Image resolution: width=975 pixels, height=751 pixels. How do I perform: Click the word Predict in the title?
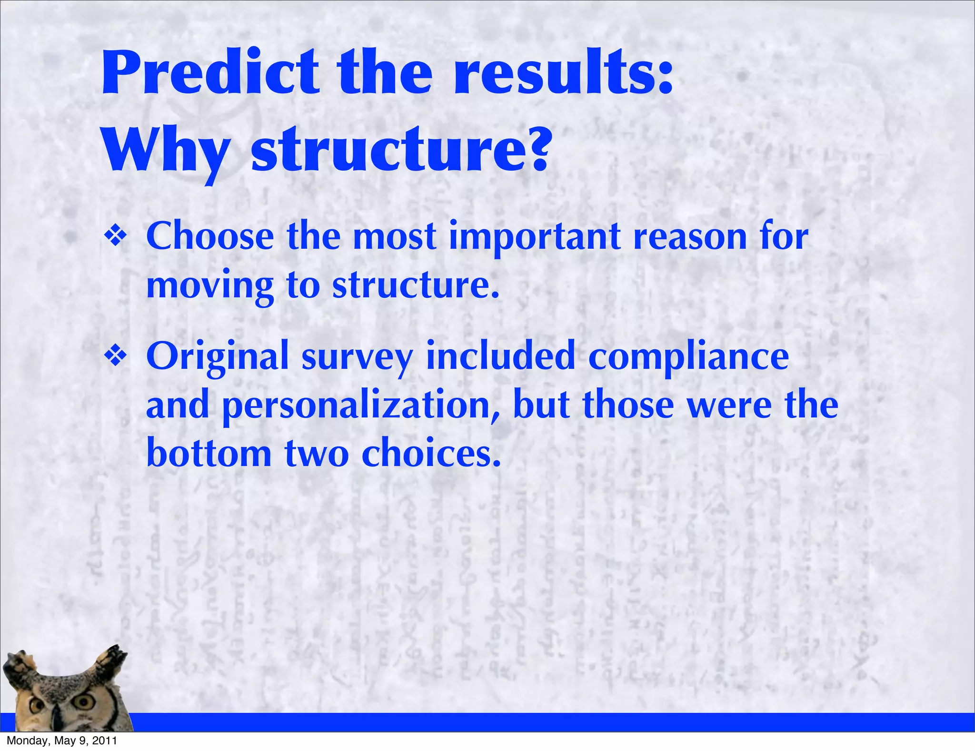(209, 72)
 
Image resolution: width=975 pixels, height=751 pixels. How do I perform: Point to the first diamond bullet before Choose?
(116, 237)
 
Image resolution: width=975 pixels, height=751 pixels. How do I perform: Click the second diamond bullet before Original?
(116, 356)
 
